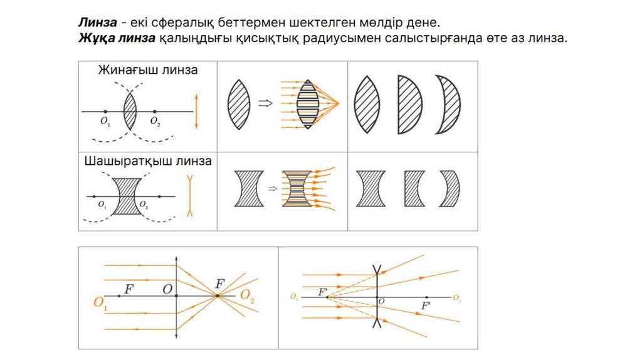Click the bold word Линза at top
(97, 22)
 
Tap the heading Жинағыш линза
(147, 70)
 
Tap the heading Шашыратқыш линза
(147, 161)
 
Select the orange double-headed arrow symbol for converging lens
(197, 112)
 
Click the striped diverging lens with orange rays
(296, 188)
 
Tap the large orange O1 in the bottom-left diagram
(100, 303)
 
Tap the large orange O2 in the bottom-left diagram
(247, 297)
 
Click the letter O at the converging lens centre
(167, 289)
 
